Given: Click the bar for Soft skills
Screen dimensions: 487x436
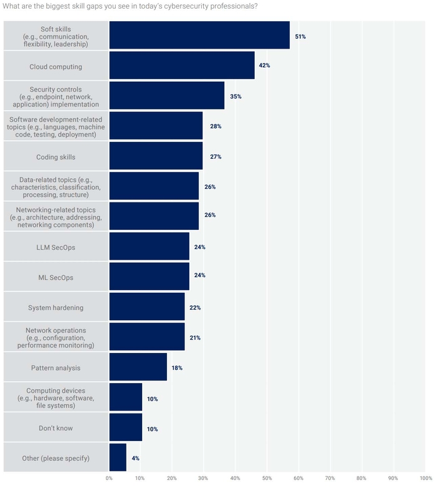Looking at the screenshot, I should click(x=199, y=35).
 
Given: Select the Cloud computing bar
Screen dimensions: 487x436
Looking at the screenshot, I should click(x=182, y=65).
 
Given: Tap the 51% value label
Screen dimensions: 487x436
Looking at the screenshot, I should click(x=300, y=37).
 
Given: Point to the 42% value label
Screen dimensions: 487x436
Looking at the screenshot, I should click(x=264, y=65).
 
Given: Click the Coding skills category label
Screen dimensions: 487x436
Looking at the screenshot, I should click(x=56, y=156).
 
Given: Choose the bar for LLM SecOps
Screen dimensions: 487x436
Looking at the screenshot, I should click(x=149, y=247).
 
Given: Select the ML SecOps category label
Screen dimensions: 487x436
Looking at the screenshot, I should click(x=56, y=277).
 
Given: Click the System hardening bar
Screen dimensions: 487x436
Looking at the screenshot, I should click(x=147, y=307).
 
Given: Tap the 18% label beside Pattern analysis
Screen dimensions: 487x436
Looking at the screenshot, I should click(x=177, y=368).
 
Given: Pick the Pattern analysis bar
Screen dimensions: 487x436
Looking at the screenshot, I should click(x=138, y=367).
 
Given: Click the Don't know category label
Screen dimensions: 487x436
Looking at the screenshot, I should click(x=56, y=428).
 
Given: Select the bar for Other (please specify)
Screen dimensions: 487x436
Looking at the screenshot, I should click(x=118, y=458).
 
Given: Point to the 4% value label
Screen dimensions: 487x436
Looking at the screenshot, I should click(x=135, y=458).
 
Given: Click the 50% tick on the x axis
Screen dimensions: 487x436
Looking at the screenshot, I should click(x=267, y=478).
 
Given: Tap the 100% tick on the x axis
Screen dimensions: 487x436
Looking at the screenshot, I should click(x=425, y=478).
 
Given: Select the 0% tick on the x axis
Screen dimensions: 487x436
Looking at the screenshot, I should click(x=109, y=478).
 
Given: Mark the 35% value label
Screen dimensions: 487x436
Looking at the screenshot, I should click(x=235, y=97).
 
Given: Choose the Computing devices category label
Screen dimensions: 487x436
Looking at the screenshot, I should click(x=56, y=398).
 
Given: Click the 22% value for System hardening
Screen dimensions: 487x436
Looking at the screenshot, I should click(x=195, y=308).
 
